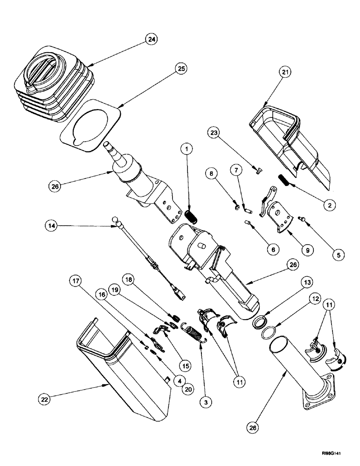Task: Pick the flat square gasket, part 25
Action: point(91,123)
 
